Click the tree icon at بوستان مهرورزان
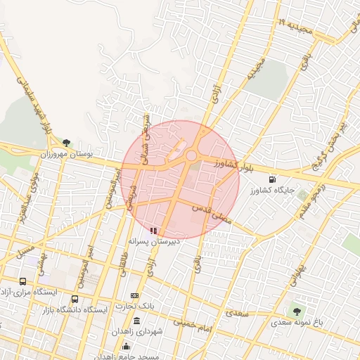click(67, 143)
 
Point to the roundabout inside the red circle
click(191, 155)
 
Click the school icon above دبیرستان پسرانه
click(154, 230)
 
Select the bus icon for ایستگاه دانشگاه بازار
click(75, 300)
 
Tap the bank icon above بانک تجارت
click(134, 295)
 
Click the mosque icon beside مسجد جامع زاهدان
click(127, 345)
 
